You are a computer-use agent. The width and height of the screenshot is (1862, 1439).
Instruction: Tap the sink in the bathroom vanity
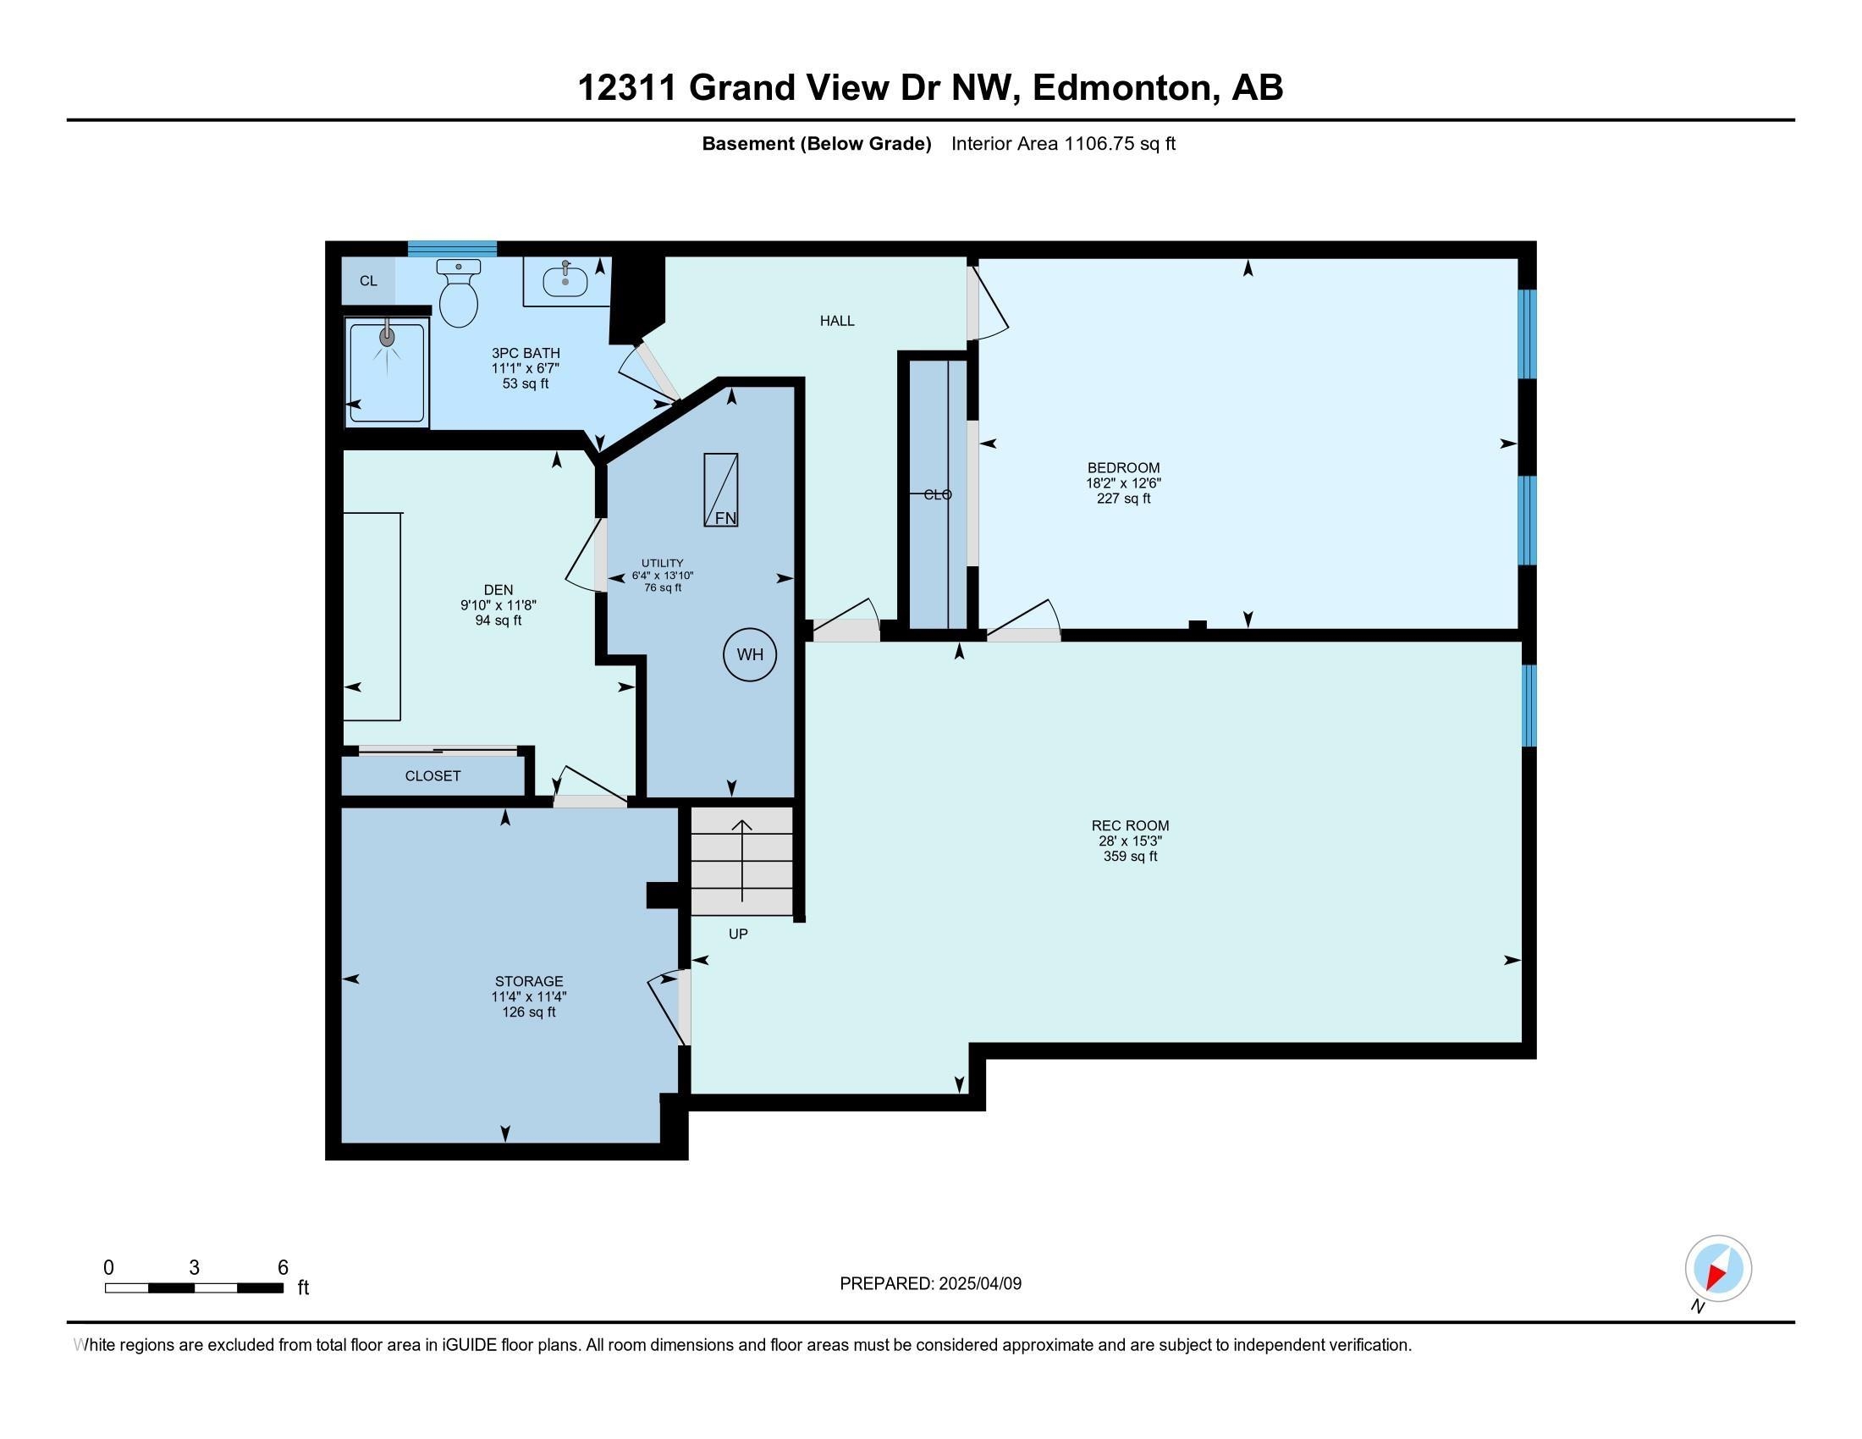coord(565,279)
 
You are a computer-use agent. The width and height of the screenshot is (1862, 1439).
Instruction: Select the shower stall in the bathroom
coord(386,372)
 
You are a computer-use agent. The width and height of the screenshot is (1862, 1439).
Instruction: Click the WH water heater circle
coord(750,654)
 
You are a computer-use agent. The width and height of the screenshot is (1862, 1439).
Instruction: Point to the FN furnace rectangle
coord(720,489)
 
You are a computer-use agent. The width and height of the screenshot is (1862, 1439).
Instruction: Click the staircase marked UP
coord(741,861)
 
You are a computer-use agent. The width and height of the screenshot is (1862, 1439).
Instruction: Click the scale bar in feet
coord(195,1288)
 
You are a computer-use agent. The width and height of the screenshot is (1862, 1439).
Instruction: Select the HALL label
coord(837,322)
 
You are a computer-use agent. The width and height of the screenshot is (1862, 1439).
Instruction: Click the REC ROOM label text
coord(1131,825)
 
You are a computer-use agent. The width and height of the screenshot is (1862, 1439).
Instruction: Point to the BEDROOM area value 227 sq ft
coord(1124,499)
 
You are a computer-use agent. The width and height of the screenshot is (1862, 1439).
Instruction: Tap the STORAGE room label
coord(529,981)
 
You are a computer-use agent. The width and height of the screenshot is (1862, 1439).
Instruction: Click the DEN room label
coord(499,590)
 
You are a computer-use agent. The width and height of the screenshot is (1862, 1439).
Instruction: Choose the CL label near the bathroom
coord(368,281)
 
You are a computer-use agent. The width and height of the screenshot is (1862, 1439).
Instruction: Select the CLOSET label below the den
coord(433,775)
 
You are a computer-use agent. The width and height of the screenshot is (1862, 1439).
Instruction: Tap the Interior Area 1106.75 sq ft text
coord(1063,144)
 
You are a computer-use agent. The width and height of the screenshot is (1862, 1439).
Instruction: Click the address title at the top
coord(930,87)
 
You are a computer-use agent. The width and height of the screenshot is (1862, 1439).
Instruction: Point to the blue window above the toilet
coord(452,249)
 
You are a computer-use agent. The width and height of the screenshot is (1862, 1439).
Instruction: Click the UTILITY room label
coord(663,564)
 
